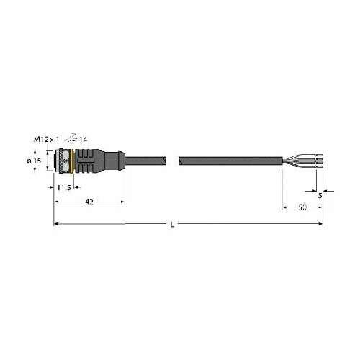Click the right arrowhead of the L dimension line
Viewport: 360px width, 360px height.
tap(320, 225)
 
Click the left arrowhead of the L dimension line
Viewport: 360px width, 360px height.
tap(57, 225)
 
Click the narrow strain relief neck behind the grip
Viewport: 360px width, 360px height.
tap(117, 163)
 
